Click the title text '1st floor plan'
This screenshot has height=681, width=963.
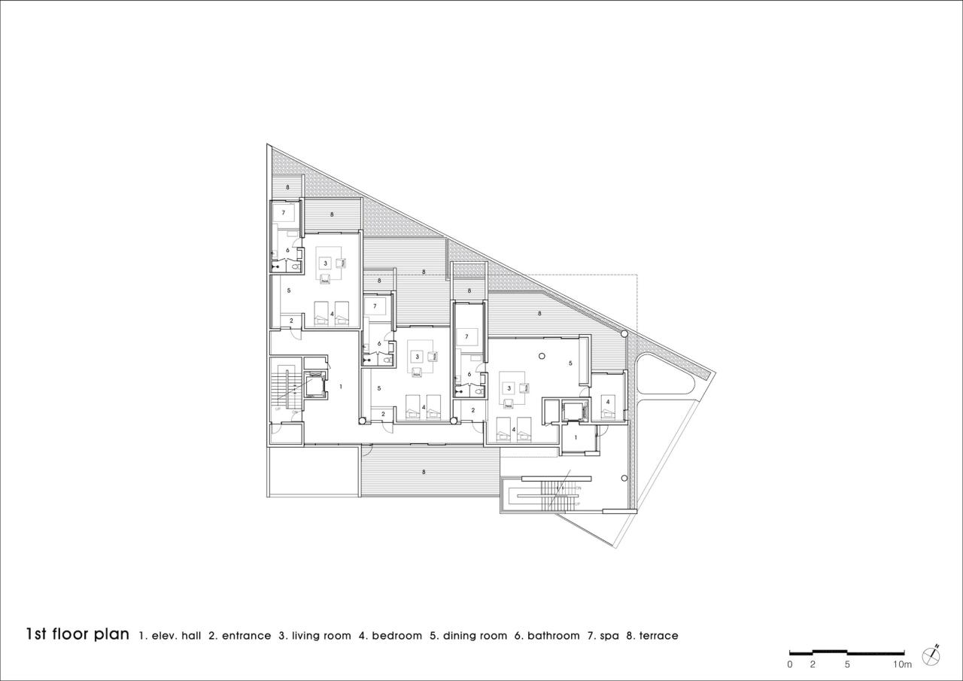(77, 634)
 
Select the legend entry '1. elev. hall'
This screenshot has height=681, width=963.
(170, 636)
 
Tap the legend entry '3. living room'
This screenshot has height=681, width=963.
(314, 636)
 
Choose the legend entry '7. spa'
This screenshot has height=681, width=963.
(603, 636)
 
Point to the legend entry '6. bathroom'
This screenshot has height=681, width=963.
(547, 636)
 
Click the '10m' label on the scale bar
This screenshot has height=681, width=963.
(902, 664)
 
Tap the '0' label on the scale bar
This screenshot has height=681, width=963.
(790, 664)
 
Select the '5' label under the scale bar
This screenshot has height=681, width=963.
(847, 664)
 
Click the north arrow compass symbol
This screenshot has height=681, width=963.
(932, 655)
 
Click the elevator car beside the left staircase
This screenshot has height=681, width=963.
(315, 385)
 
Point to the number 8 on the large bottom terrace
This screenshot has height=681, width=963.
(424, 472)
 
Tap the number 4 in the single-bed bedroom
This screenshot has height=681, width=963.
(608, 402)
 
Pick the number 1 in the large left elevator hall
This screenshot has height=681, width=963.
(341, 387)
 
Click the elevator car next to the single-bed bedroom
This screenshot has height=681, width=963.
(573, 411)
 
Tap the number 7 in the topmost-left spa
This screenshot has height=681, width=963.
(284, 213)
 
